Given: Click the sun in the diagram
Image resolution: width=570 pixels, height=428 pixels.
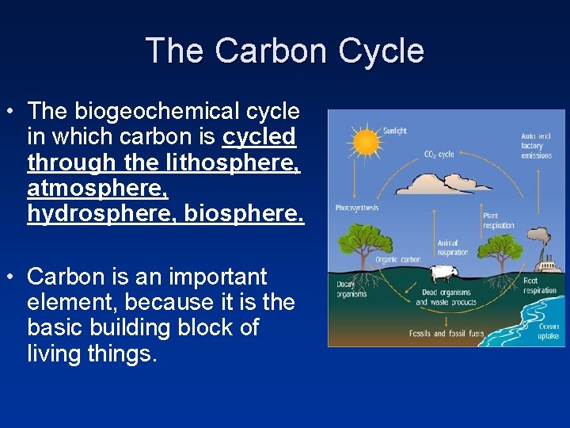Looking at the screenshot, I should pos(366,142).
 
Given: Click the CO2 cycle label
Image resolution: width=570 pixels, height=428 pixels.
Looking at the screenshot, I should pos(439,154).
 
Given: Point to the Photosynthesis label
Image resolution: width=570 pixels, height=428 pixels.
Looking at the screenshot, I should pos(357,208).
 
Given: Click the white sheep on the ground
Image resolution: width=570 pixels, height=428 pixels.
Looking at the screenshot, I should pos(445,274).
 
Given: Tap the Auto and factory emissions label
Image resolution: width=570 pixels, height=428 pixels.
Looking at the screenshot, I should pos(536,146).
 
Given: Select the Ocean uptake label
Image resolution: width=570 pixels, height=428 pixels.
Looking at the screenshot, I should pos(548,331).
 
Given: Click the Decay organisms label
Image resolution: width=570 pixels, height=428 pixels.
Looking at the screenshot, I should pos(351,289).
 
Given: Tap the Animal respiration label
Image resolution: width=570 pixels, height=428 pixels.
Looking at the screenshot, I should pos(452,248).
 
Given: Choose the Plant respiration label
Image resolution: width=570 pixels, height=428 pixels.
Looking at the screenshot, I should pos(499,220).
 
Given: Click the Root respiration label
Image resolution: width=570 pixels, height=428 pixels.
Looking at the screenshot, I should pos(540,285).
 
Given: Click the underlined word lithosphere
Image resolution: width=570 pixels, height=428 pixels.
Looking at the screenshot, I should pos(231,162).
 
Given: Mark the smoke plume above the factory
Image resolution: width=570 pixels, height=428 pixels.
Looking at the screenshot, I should pos(540,236).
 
